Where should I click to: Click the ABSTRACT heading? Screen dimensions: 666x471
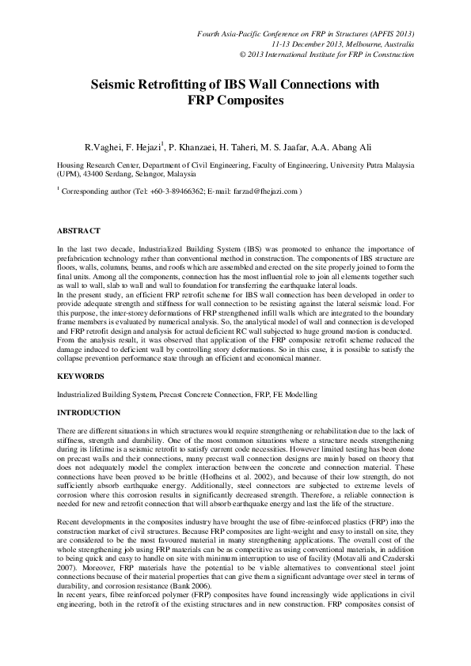coord(78,230)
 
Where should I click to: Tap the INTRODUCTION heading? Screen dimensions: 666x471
coord(89,412)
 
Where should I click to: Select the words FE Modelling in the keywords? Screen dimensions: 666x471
coord(294,393)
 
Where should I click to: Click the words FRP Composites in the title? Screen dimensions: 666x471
coord(234,100)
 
